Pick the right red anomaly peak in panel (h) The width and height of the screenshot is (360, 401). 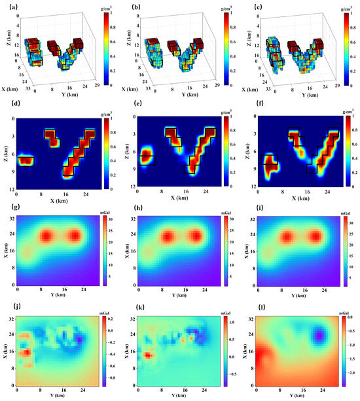coord(194,236)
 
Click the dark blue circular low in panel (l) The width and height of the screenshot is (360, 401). coord(319,336)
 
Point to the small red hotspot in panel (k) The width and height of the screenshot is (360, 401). coord(149,355)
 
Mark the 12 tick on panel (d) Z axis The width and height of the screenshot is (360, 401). coord(12,188)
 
